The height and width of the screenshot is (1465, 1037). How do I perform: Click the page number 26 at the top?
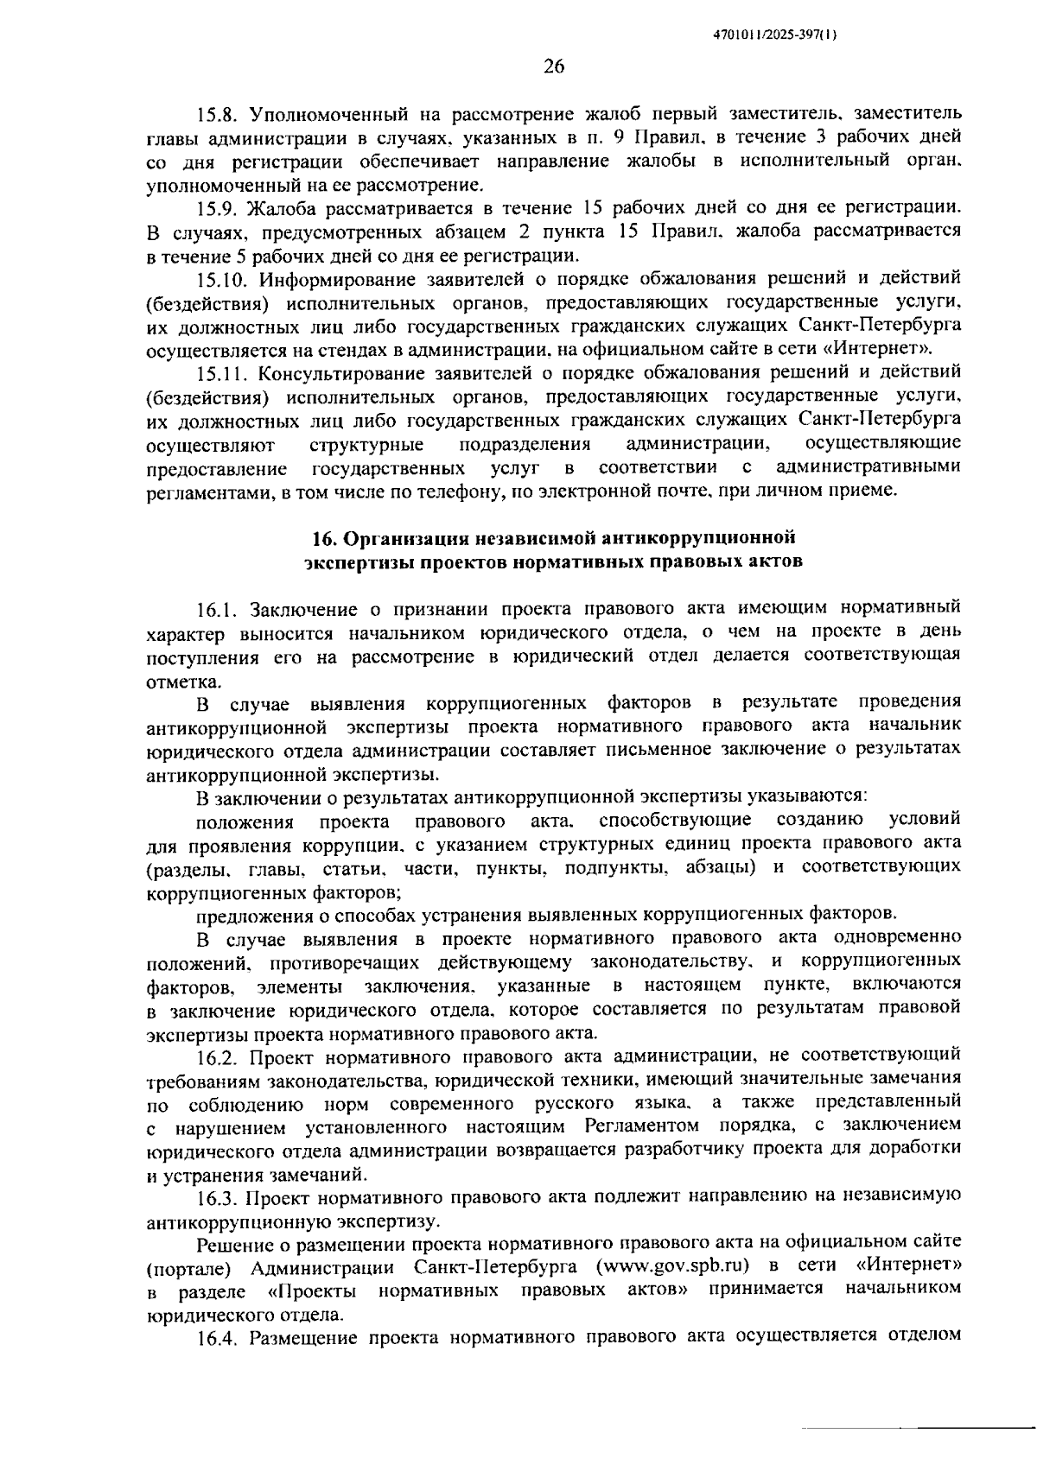(x=554, y=67)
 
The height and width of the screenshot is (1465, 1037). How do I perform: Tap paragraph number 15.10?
(x=221, y=279)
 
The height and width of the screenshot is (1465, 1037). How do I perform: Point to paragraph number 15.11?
(x=220, y=373)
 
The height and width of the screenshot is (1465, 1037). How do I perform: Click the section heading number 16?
(x=322, y=539)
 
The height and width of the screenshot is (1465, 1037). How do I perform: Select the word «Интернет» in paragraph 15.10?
(x=892, y=350)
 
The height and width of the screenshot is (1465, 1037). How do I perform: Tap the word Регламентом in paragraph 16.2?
(x=639, y=1127)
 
